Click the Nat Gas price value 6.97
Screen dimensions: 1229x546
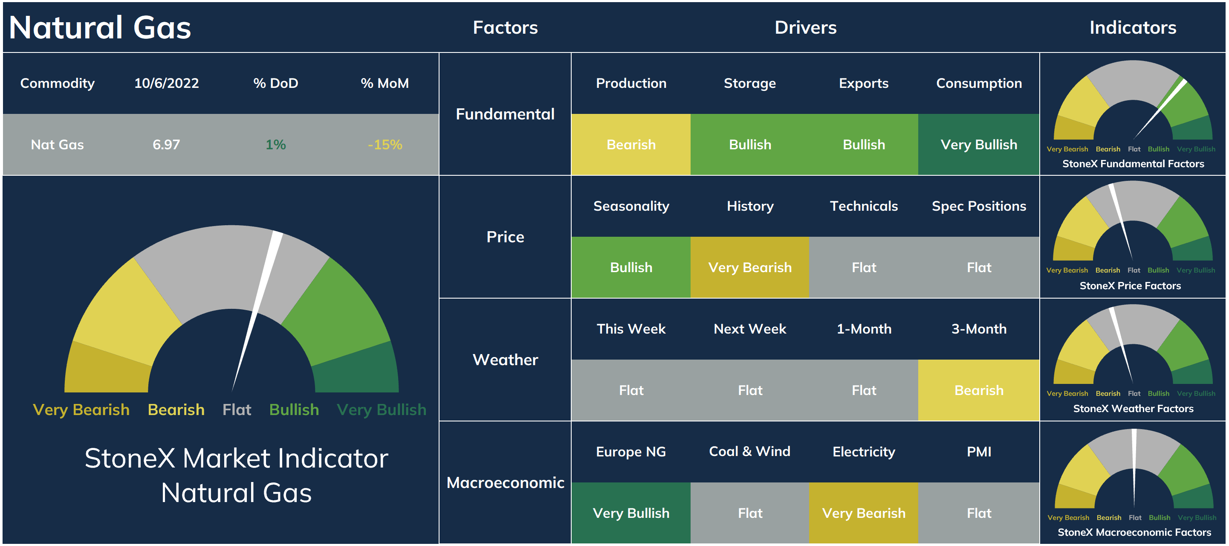166,145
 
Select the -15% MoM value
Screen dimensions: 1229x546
385,145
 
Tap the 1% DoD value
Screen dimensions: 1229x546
275,145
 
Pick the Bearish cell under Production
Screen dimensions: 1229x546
631,145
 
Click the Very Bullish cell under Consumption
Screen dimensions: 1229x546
978,145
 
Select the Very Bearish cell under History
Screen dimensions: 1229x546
749,267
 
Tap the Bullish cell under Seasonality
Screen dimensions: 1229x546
631,267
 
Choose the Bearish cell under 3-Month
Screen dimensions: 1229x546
978,390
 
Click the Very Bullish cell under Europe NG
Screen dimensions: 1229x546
631,513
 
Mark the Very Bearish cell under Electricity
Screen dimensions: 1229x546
864,513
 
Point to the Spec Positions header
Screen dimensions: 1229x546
978,206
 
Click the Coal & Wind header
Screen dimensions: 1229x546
749,451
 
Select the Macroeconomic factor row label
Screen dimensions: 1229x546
505,482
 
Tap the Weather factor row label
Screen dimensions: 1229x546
505,360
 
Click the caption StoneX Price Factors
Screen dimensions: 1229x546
1130,285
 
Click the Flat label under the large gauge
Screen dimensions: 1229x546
237,409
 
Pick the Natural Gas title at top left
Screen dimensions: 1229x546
100,27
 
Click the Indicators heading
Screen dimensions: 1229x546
1133,27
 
